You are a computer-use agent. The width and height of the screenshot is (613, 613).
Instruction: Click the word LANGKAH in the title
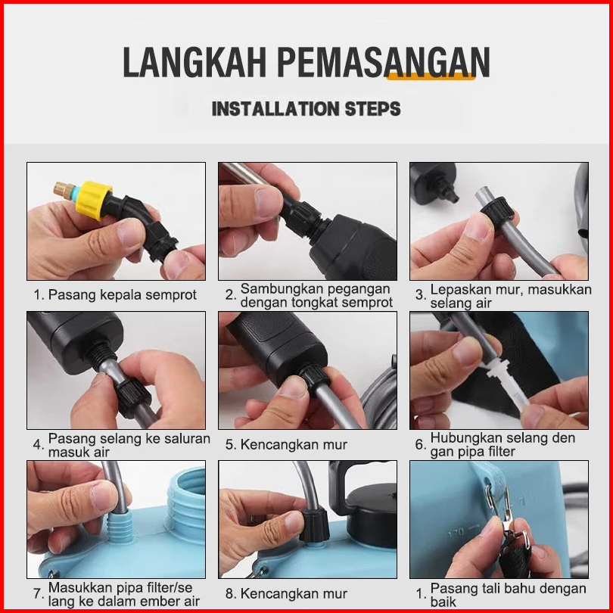tap(194, 62)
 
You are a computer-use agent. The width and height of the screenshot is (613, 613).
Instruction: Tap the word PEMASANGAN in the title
tap(384, 62)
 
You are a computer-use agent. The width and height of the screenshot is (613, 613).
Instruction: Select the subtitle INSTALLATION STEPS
tap(306, 109)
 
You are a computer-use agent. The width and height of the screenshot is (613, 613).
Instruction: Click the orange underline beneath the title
tap(431, 77)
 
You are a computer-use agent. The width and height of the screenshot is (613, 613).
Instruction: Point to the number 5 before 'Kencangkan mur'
tap(229, 444)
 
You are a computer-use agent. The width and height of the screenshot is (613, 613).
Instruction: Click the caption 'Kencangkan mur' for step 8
tap(294, 593)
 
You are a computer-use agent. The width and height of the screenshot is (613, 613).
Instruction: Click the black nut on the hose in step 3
tap(497, 210)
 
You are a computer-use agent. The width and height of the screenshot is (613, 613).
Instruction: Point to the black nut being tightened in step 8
tap(314, 524)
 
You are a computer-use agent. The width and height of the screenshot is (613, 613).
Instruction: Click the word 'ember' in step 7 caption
tap(151, 601)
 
